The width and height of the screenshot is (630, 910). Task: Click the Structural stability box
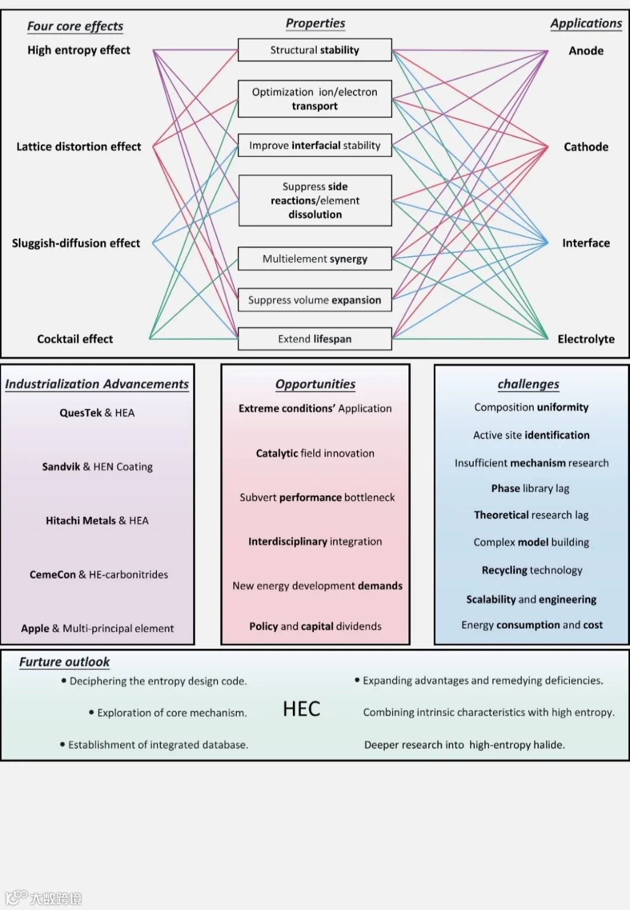point(314,50)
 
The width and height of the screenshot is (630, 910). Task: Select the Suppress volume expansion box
point(314,300)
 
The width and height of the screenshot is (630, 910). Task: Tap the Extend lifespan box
point(314,339)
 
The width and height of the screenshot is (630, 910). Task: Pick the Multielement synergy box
point(314,258)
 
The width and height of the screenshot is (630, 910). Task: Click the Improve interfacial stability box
point(314,145)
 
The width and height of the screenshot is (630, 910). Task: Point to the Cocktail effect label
point(75,339)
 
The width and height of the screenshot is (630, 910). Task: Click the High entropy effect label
point(79,50)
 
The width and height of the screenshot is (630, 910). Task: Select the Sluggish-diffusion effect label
point(76,243)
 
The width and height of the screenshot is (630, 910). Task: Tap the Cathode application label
point(586,147)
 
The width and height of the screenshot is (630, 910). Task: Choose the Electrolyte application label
point(586,339)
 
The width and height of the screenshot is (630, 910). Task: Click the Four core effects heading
point(75,26)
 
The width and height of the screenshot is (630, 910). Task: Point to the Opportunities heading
point(315,384)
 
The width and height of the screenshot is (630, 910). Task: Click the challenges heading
point(528,384)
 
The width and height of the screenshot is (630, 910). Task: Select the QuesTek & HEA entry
point(97,413)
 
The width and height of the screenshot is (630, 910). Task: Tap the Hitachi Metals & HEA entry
point(97,520)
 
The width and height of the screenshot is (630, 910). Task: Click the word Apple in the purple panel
point(35,628)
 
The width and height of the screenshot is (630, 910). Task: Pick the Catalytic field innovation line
point(315,453)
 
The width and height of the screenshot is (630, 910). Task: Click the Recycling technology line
point(531,570)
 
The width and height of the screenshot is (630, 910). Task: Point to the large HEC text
point(302,709)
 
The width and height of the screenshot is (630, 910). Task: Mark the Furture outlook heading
point(64,661)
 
